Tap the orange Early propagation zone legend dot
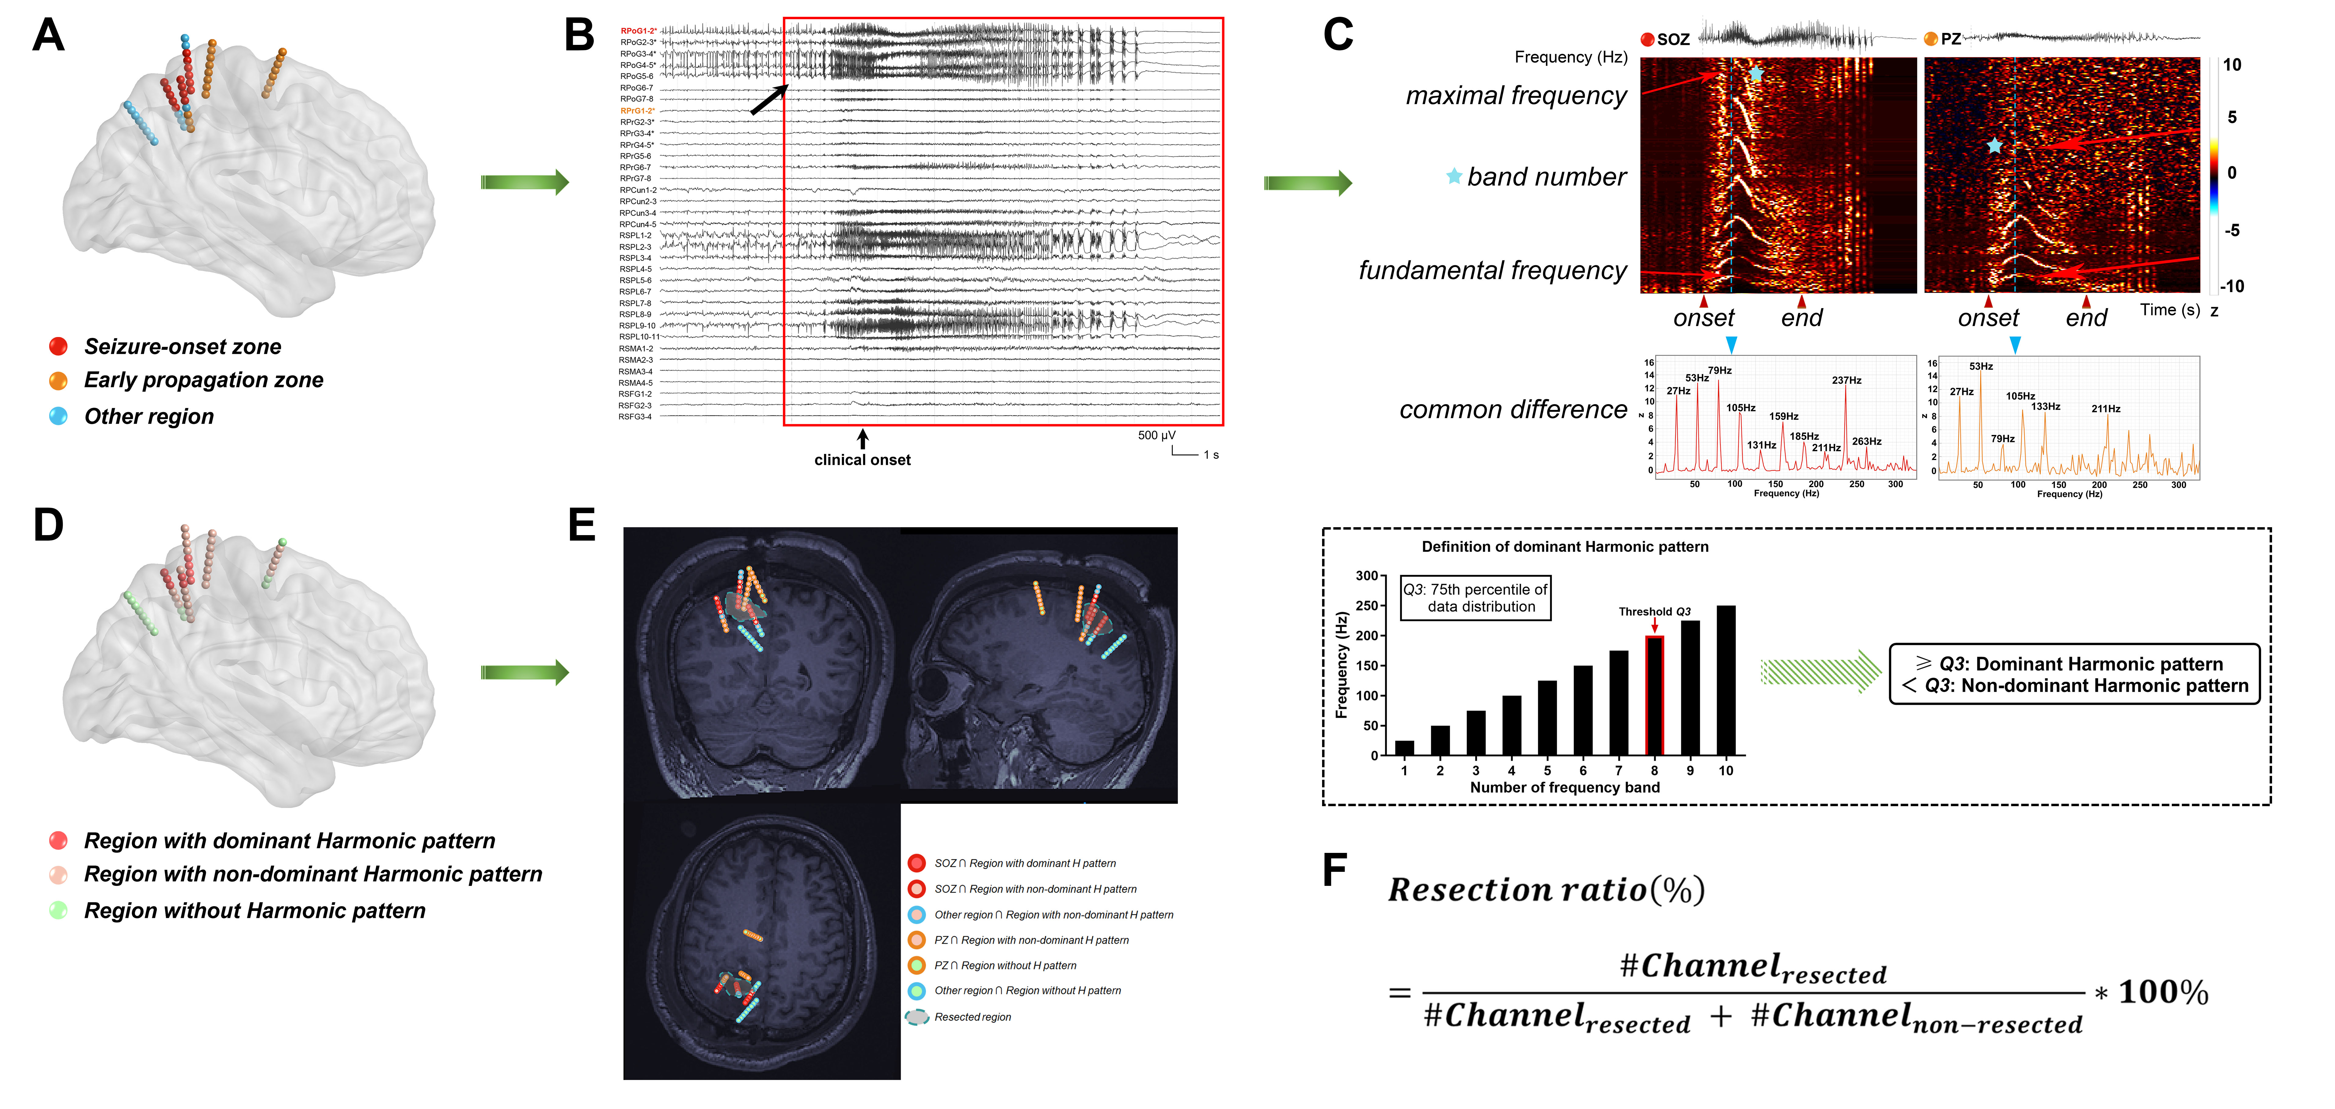click(x=58, y=381)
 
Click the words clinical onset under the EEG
click(x=862, y=460)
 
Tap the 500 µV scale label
click(x=1157, y=436)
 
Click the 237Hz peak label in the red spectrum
click(x=1847, y=381)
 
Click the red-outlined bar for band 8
click(x=1654, y=695)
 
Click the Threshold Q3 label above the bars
click(x=1654, y=611)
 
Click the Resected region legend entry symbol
click(x=917, y=1017)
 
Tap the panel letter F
click(x=1334, y=870)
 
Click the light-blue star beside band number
click(x=1454, y=177)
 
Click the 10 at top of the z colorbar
click(x=2232, y=65)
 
